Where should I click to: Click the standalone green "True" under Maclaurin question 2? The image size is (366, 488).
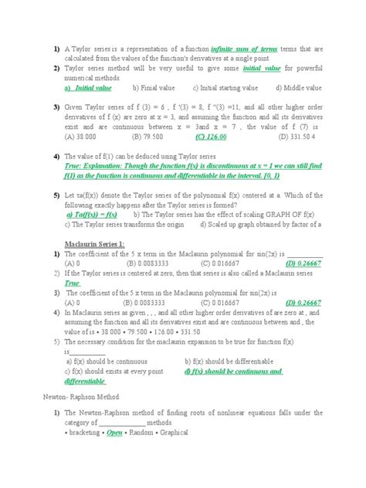[73, 283]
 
